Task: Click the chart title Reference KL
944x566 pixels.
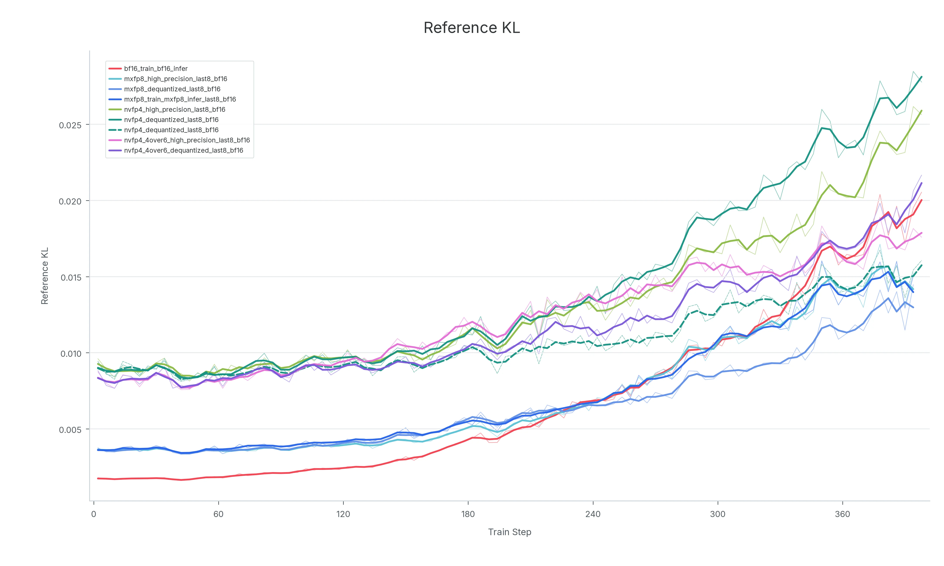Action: click(472, 28)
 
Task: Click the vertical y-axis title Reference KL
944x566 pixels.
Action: click(45, 276)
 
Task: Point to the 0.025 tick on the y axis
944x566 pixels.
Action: click(70, 125)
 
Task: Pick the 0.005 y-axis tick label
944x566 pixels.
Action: click(70, 430)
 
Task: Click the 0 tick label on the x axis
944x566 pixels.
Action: click(94, 514)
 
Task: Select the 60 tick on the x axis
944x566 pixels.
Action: click(218, 514)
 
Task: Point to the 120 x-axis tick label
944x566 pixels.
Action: click(343, 514)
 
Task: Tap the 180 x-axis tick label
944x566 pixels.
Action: click(468, 514)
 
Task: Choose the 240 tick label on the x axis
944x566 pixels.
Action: click(593, 514)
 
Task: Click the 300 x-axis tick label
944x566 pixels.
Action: click(717, 514)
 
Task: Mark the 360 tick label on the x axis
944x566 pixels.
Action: click(842, 514)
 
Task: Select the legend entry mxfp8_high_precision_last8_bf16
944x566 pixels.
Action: click(168, 79)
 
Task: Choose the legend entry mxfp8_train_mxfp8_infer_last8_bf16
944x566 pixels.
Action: click(172, 99)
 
